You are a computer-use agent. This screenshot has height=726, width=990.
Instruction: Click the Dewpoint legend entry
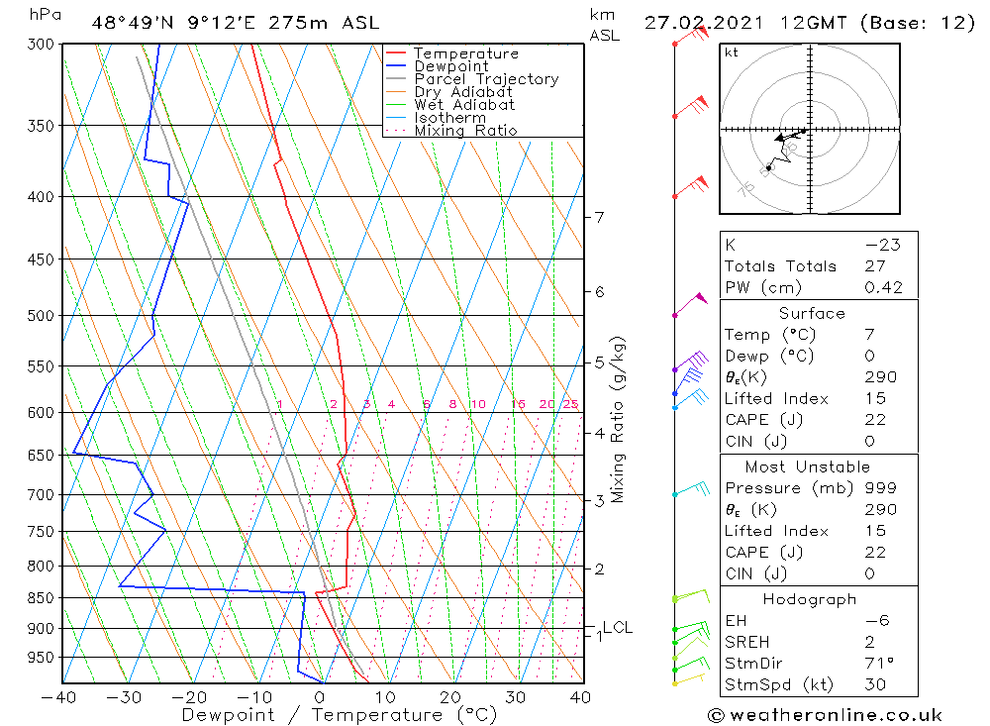(x=451, y=66)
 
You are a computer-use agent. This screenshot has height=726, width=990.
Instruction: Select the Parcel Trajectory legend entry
(x=486, y=79)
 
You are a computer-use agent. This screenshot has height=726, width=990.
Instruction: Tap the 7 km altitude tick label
(x=599, y=217)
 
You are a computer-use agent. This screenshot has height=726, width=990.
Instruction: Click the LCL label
(x=618, y=627)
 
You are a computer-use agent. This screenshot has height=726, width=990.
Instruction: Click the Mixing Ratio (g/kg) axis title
(x=618, y=419)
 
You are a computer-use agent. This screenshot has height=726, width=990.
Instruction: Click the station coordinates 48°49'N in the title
(x=134, y=23)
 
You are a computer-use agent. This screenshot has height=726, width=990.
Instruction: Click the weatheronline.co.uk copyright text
(x=825, y=715)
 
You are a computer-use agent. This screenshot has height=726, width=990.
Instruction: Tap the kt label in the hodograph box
(x=732, y=52)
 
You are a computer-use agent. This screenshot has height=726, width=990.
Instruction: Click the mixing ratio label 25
(x=570, y=404)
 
